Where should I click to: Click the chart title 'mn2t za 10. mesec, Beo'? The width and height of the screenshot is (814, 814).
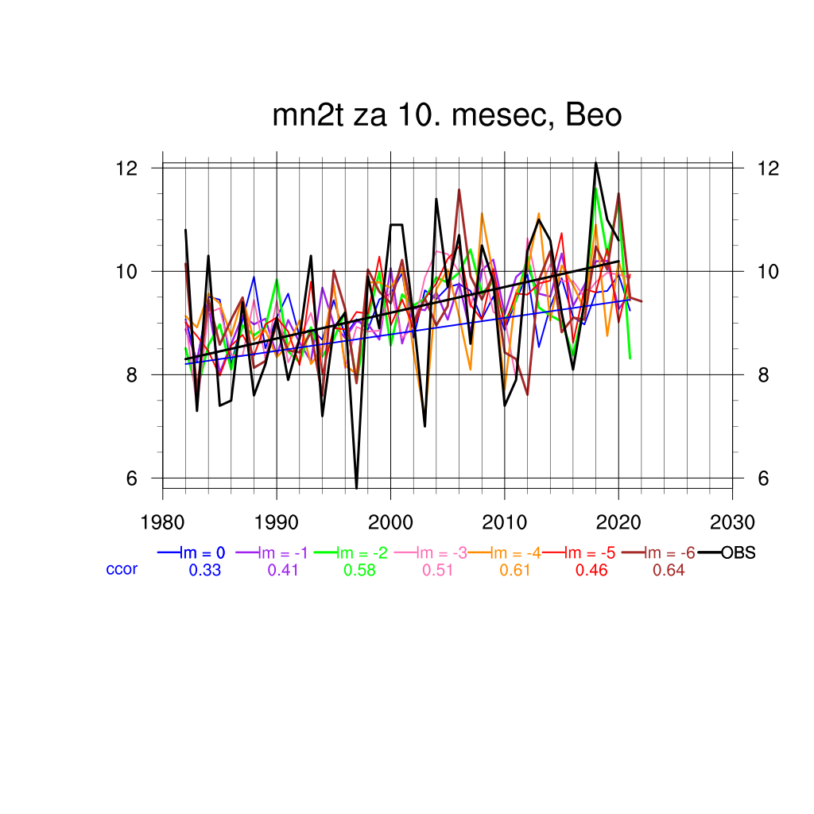447,116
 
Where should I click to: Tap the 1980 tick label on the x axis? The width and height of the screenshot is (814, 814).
163,522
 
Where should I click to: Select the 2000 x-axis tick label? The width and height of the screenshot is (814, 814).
390,522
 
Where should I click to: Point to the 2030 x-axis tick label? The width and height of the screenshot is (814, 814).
732,522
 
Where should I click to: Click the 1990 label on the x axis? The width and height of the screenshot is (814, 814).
277,522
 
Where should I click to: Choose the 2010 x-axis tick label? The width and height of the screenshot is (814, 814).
504,522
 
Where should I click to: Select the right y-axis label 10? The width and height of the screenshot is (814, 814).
765,272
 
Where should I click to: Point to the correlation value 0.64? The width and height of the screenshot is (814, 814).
668,570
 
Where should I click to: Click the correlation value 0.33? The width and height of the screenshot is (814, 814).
204,570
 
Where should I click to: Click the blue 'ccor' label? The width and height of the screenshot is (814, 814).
122,569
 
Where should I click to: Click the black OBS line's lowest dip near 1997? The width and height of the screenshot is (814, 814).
356,487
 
